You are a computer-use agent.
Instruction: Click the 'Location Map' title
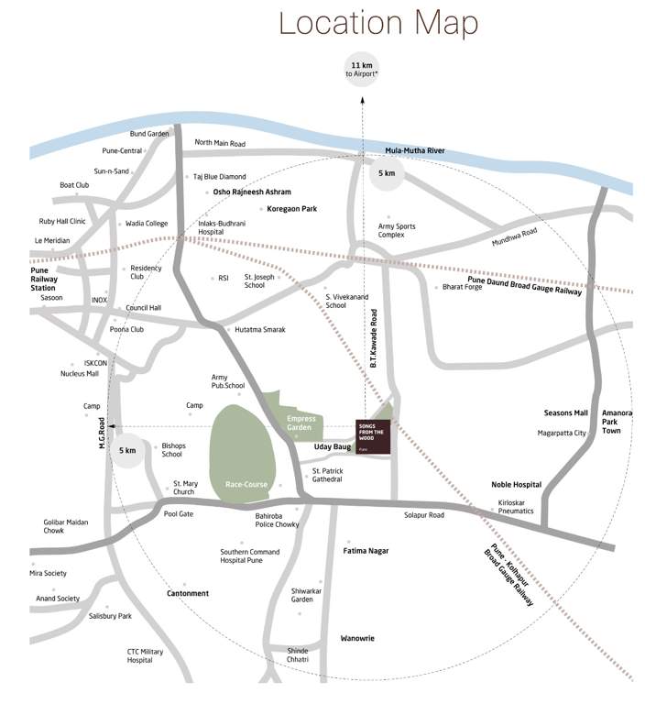point(379,22)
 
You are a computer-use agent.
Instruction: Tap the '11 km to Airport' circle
point(360,69)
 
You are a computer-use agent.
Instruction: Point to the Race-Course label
point(246,484)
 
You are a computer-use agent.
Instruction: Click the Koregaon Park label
point(291,209)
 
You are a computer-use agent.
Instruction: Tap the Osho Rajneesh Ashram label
point(252,192)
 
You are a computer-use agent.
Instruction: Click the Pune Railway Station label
point(46,280)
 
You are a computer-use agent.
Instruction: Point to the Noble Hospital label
point(516,485)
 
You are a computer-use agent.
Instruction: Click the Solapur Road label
point(424,515)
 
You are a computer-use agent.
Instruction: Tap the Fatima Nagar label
point(366,551)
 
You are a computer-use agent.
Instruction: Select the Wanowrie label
point(357,638)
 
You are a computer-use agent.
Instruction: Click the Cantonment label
point(188,593)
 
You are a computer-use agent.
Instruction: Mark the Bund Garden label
point(149,134)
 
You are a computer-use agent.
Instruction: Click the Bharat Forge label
point(462,287)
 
